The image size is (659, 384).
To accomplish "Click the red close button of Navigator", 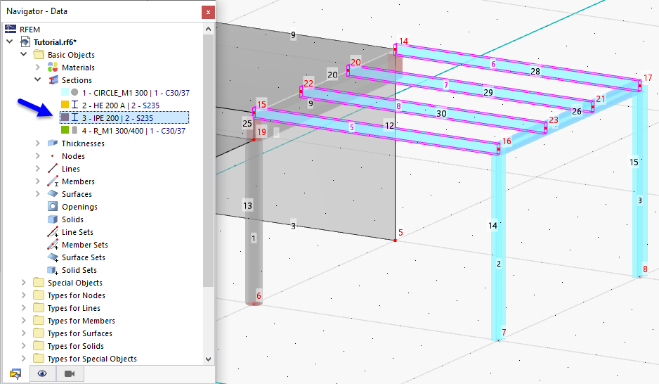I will click(207, 12).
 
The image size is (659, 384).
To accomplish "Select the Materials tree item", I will click(78, 68).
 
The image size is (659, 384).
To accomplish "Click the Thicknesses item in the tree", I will click(83, 143).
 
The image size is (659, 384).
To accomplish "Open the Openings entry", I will click(79, 207).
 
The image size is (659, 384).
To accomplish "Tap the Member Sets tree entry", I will click(85, 245).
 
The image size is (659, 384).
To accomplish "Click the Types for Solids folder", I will click(75, 346).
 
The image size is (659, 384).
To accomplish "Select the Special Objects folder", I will click(74, 283).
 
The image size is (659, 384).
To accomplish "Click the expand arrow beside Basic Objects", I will click(24, 55).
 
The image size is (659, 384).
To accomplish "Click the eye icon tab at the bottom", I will click(42, 373).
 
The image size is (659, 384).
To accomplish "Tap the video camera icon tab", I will click(70, 373).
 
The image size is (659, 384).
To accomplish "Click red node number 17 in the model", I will click(648, 78).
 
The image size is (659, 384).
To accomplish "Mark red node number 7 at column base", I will click(503, 332).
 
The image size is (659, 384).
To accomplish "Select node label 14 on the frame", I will click(403, 41).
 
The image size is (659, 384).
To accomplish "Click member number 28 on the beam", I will click(535, 72).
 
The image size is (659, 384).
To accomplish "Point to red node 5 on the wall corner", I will click(400, 233).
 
